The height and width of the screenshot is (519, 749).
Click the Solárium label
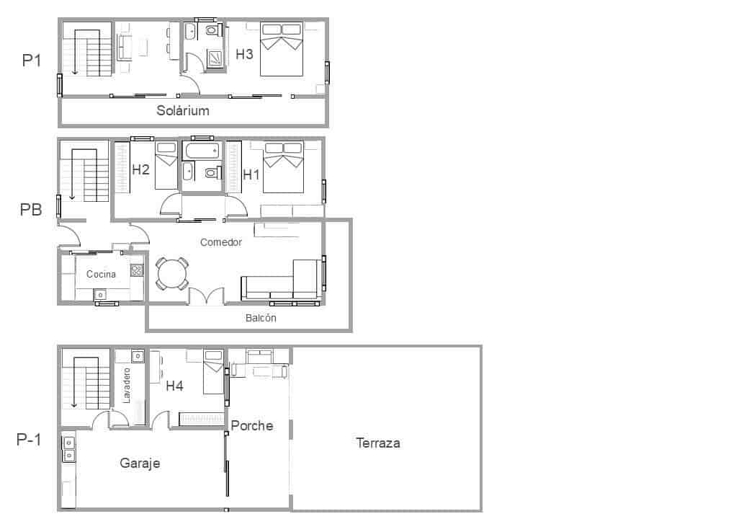[183, 111]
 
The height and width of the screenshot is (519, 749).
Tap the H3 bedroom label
[245, 53]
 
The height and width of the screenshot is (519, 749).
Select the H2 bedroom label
[140, 170]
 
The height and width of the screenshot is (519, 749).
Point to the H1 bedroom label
[251, 174]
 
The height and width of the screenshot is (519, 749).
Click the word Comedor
[221, 242]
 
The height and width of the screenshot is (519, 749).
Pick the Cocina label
[101, 274]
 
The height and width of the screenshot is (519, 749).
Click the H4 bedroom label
[174, 386]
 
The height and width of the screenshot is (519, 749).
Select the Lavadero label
[126, 386]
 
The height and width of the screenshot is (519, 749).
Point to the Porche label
[252, 426]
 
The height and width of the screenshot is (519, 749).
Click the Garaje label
[140, 463]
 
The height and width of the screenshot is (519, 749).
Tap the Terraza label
[377, 443]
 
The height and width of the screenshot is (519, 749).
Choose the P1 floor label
[31, 61]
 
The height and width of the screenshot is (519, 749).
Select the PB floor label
[31, 210]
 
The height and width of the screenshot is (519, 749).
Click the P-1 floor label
[29, 440]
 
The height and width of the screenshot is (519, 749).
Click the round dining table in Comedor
[172, 274]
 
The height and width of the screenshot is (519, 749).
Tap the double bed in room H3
[281, 49]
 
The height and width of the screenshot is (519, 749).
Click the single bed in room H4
[213, 371]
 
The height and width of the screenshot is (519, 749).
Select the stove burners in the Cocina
[136, 271]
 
